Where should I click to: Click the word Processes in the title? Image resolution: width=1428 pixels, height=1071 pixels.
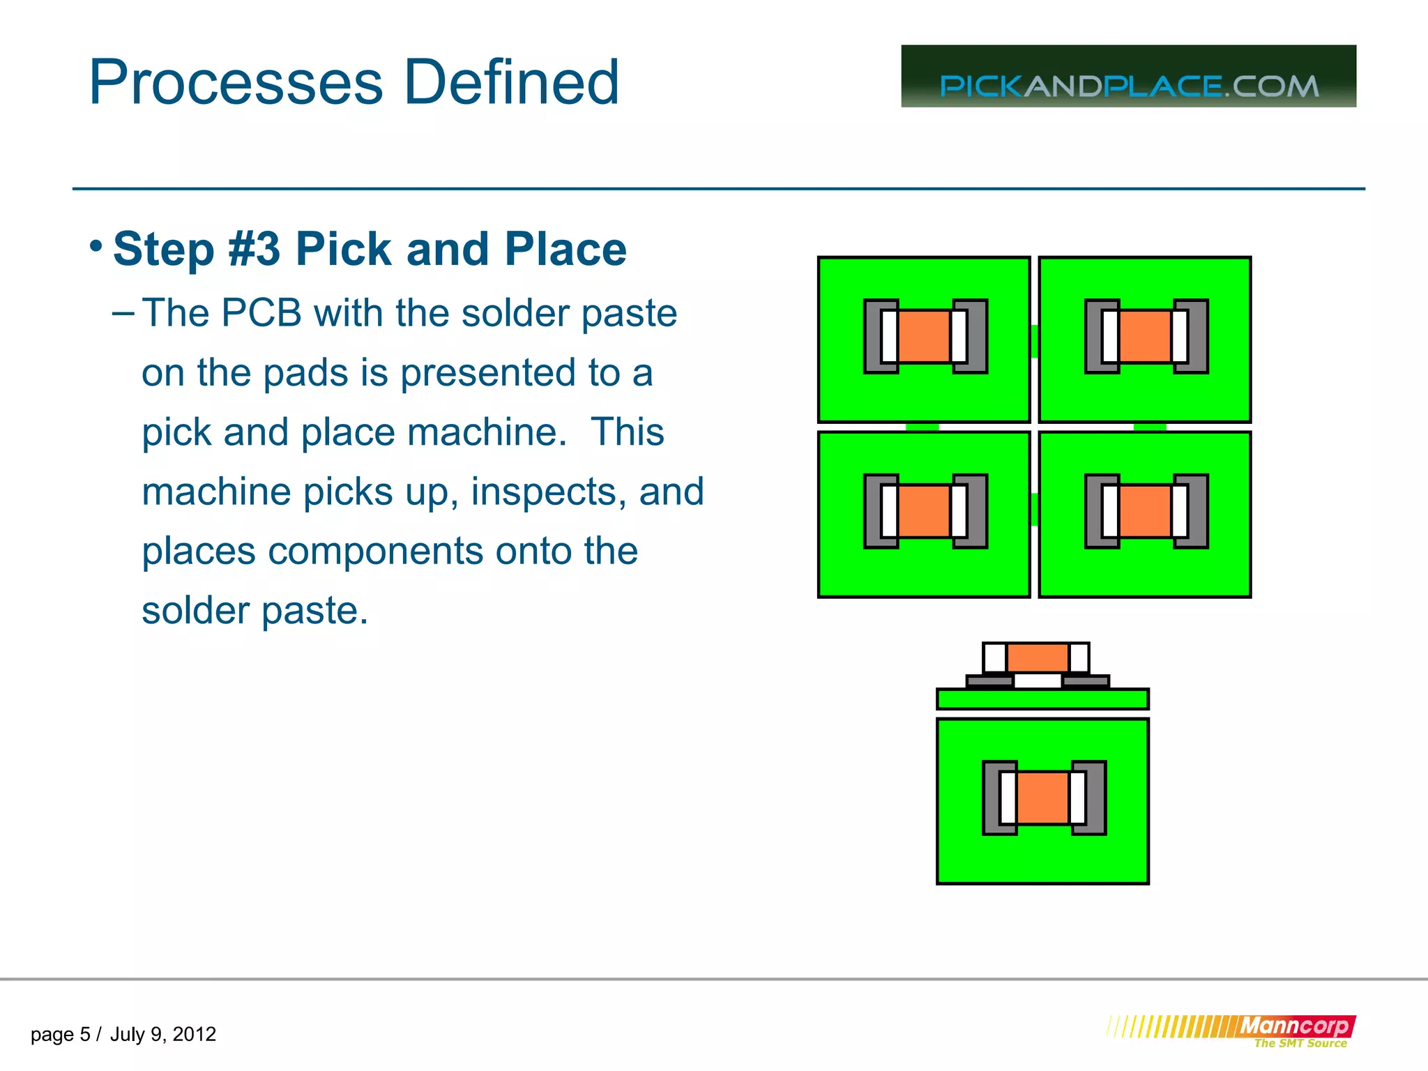236,82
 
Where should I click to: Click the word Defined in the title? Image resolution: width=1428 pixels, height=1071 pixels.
511,82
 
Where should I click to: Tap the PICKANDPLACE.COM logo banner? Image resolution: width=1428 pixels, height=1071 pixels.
1128,77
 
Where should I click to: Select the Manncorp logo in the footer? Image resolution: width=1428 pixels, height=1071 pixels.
1296,1026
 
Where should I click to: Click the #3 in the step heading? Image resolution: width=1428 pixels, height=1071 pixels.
255,249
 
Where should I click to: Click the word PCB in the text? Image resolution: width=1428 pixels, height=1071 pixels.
261,312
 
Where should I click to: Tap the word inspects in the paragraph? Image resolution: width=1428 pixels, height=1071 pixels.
540,492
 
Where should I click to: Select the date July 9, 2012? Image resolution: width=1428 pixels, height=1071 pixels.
162,1034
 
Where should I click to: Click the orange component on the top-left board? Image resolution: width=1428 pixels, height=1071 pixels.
925,336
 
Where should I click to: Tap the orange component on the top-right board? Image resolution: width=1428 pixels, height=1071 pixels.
1145,336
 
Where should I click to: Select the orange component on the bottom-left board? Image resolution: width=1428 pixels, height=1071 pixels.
925,511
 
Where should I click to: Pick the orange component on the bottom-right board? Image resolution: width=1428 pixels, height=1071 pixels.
1145,511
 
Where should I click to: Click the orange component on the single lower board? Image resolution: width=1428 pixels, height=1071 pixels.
1042,798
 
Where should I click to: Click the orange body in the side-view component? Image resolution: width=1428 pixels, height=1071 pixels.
1038,658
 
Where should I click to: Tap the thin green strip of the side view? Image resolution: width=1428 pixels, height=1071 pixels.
1042,699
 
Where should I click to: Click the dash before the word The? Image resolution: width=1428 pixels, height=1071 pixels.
123,314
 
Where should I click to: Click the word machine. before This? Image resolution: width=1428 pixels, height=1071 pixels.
487,432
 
